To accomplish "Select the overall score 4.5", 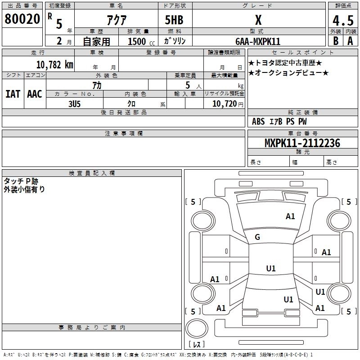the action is pyautogui.click(x=342, y=21).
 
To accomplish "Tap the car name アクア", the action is pyautogui.click(x=116, y=20).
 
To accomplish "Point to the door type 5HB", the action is pyautogui.click(x=174, y=20).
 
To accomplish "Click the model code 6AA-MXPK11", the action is pyautogui.click(x=258, y=41).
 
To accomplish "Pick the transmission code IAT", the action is pyautogui.click(x=13, y=94).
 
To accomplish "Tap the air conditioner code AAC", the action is pyautogui.click(x=35, y=94).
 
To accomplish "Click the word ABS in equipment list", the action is pyautogui.click(x=258, y=121).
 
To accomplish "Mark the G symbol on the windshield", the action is pyautogui.click(x=257, y=237).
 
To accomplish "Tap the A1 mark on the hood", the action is pyautogui.click(x=290, y=216).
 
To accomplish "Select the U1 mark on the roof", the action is pyautogui.click(x=270, y=269).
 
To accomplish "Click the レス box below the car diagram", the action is pyautogui.click(x=196, y=344).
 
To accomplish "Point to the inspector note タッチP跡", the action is pyautogui.click(x=22, y=181).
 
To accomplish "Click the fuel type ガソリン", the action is pyautogui.click(x=175, y=41).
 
